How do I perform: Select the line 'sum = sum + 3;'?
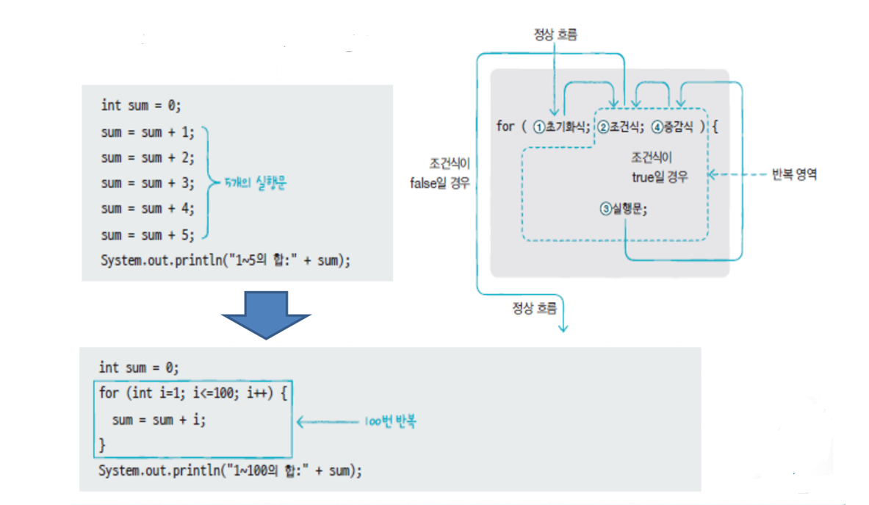click(148, 183)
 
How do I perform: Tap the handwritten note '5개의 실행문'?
click(256, 183)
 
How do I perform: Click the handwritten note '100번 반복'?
click(390, 421)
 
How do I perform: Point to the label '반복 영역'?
click(794, 175)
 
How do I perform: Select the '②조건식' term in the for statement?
click(620, 127)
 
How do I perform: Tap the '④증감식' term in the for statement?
click(671, 127)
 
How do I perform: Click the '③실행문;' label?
click(624, 209)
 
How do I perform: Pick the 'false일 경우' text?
click(440, 183)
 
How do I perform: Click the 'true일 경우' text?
click(660, 177)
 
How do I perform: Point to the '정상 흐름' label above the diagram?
click(555, 35)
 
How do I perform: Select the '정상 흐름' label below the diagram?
click(534, 308)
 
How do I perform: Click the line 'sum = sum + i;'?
click(159, 420)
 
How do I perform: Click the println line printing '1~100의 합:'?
click(230, 470)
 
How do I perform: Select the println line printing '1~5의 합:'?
click(226, 260)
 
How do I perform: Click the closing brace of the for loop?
click(103, 445)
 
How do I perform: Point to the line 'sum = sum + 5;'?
click(148, 235)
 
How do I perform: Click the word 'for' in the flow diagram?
click(505, 126)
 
